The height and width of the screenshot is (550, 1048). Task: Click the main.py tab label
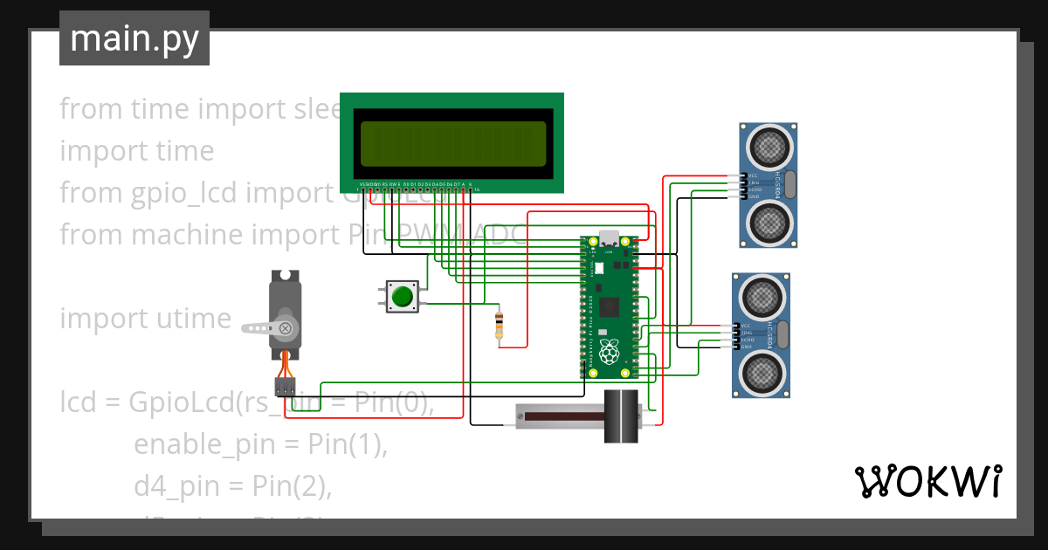click(134, 39)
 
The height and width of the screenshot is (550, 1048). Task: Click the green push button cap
click(402, 296)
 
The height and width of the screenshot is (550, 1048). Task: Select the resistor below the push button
click(499, 325)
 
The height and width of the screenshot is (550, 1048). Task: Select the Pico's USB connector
click(609, 240)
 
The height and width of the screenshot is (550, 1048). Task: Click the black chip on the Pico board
click(610, 306)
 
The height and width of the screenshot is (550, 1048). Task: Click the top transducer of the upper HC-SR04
click(769, 146)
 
